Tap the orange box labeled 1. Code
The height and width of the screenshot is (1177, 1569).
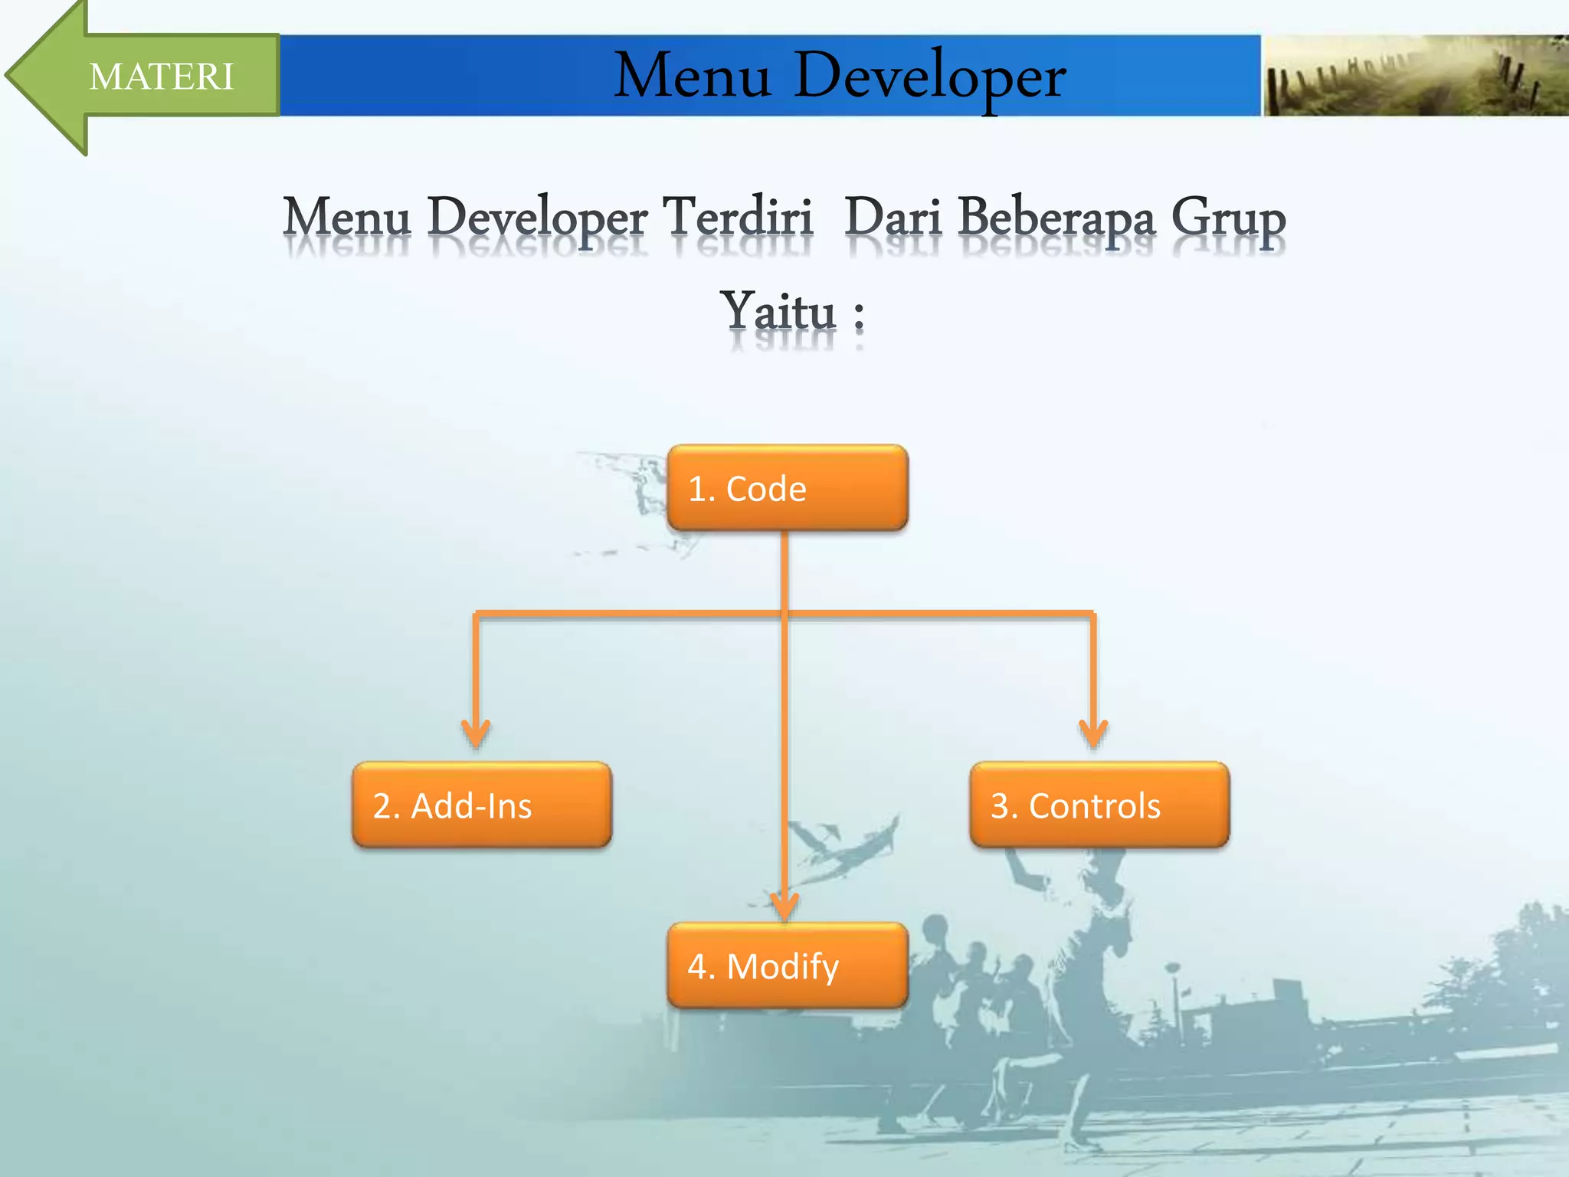(x=787, y=488)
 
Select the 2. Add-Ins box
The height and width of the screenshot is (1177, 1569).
(x=481, y=805)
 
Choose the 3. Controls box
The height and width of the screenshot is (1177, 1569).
(x=1099, y=805)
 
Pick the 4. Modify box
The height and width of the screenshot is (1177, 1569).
(x=787, y=966)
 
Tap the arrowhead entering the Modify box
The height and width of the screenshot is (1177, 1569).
(x=784, y=904)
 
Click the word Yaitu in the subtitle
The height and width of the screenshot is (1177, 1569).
(x=778, y=312)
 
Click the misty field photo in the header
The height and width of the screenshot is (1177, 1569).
(x=1414, y=76)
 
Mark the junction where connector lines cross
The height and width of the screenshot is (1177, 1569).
(x=784, y=613)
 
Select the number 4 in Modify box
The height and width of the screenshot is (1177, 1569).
(x=696, y=966)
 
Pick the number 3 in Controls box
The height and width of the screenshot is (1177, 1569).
(x=1000, y=806)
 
